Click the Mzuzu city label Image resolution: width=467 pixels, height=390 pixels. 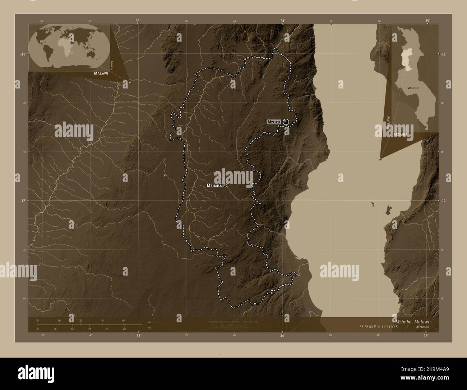[x=274, y=122]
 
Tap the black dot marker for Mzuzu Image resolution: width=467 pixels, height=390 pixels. [x=286, y=122]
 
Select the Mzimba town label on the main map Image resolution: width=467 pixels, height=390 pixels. [x=214, y=186]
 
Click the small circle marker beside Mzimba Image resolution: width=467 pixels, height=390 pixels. [x=225, y=186]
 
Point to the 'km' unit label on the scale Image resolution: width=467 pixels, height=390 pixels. [x=149, y=322]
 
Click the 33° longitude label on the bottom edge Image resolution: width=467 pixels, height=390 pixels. [x=138, y=336]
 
